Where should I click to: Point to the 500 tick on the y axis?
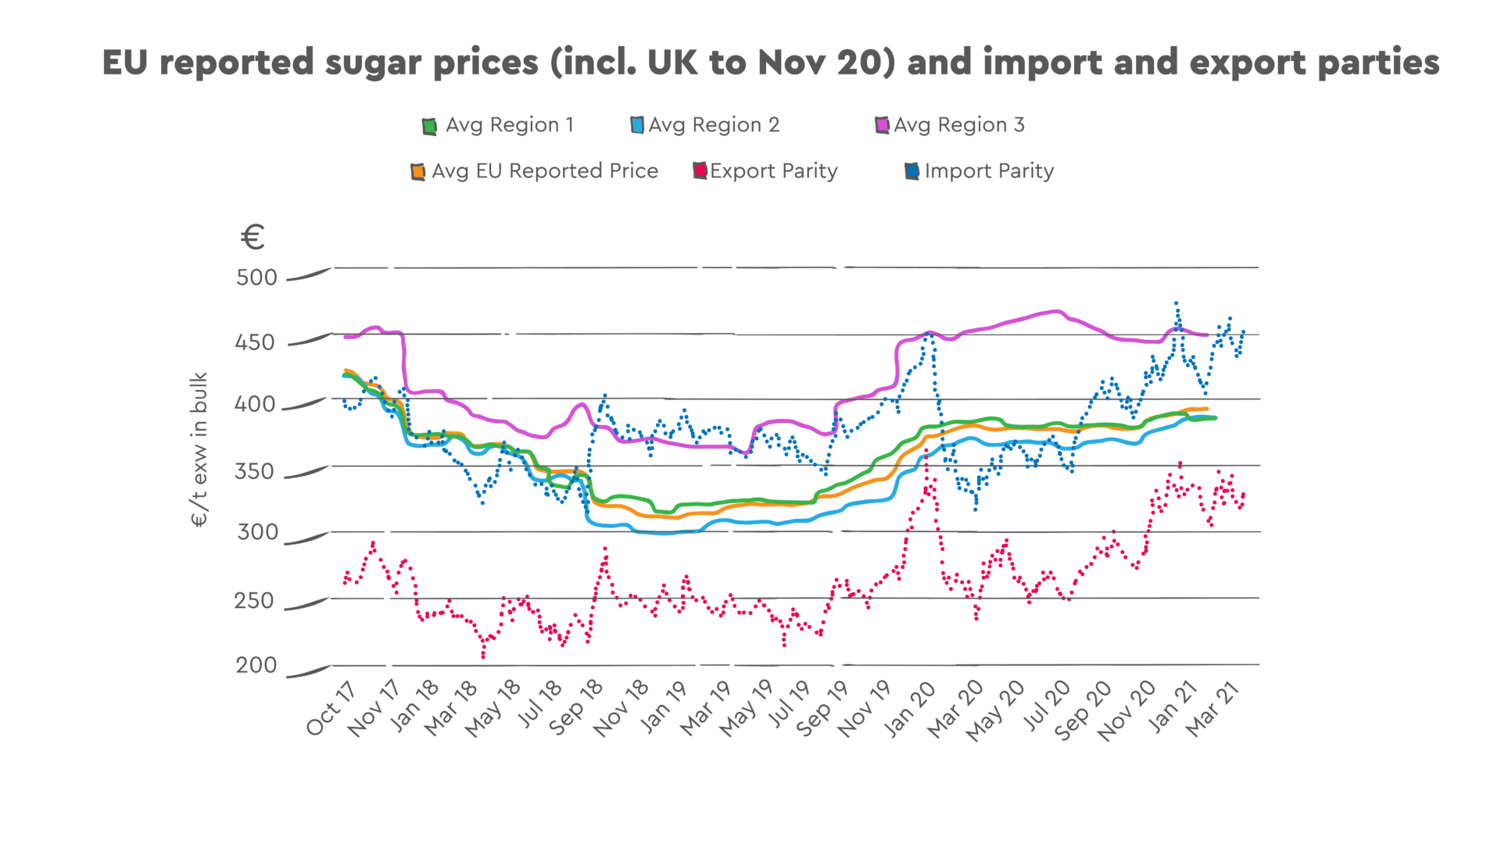256,277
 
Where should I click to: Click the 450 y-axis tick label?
255,342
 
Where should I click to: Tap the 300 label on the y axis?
257,532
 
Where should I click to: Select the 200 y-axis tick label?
256,665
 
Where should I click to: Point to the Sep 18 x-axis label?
576,708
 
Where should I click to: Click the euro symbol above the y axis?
253,237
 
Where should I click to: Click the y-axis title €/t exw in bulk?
199,449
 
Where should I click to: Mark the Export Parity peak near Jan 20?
927,451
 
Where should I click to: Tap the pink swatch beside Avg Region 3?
883,125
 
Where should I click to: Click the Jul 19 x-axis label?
790,705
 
